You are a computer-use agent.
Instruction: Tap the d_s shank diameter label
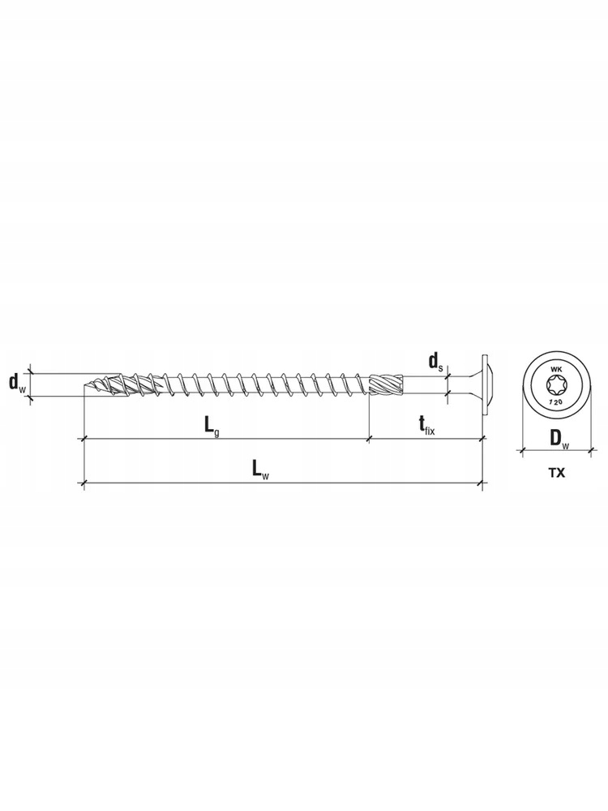tap(435, 362)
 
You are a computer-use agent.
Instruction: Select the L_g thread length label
tap(211, 427)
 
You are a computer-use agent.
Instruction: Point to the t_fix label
tap(426, 426)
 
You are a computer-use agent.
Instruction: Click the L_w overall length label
tap(260, 470)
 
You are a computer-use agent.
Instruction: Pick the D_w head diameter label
tap(559, 440)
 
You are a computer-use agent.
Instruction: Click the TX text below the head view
tap(556, 472)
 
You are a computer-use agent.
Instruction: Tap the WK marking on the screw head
tap(556, 369)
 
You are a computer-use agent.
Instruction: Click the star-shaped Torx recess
tap(556, 384)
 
